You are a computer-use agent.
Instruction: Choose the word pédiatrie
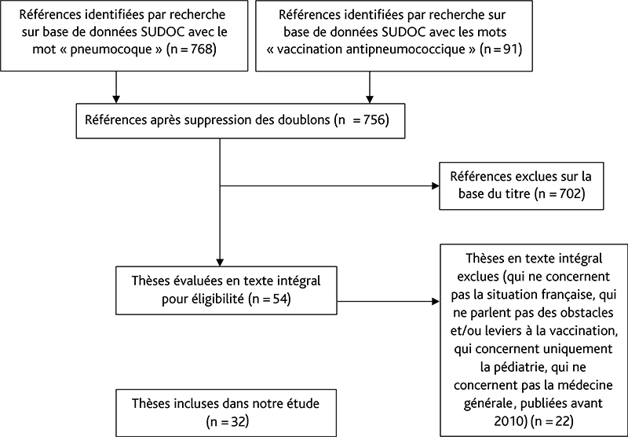520,367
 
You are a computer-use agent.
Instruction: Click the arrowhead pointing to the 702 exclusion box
436,185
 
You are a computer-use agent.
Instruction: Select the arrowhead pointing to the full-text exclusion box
436,301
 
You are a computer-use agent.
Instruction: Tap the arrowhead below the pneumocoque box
116,99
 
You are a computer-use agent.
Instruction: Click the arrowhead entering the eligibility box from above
220,262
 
